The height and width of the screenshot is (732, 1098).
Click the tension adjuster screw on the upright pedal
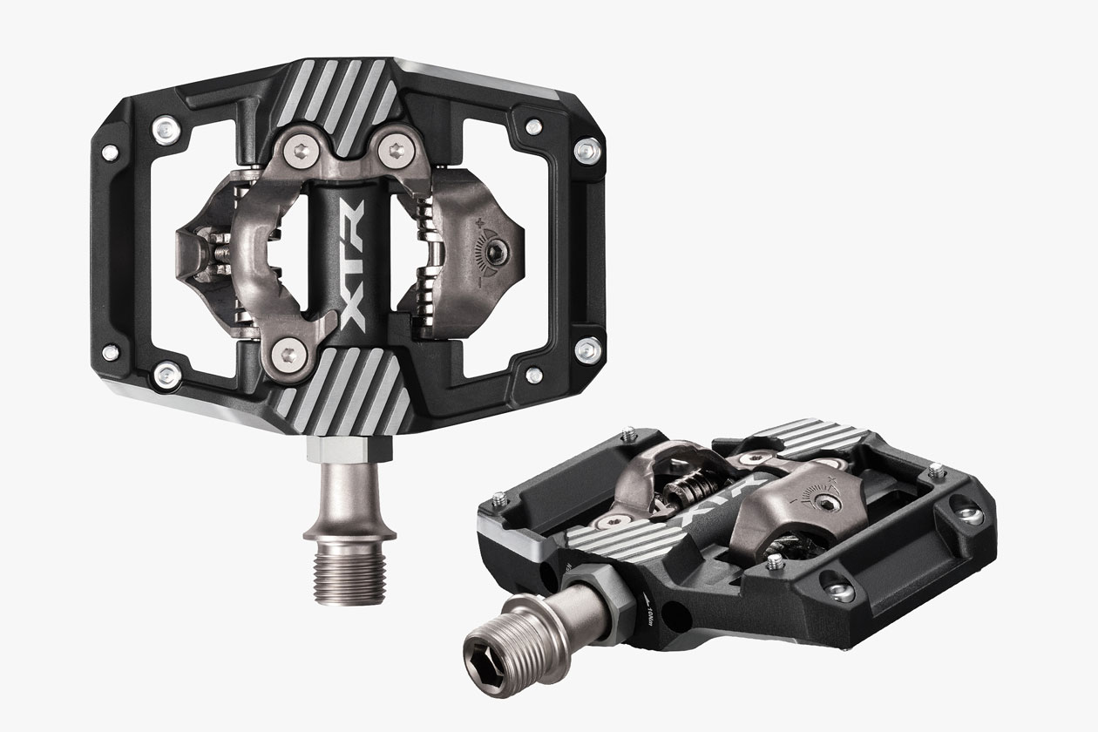point(493,252)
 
